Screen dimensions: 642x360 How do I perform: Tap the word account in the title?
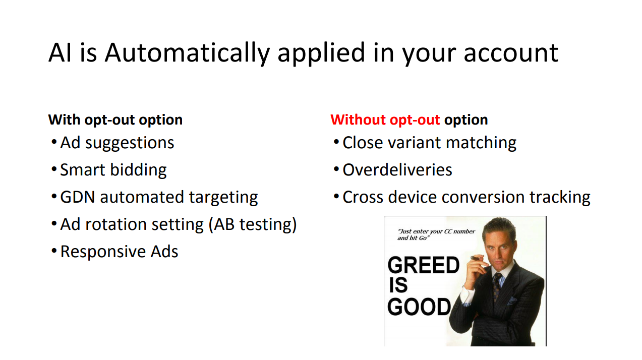point(511,53)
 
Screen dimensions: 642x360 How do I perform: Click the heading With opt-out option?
point(115,120)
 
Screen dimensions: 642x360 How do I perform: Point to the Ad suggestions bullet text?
point(117,143)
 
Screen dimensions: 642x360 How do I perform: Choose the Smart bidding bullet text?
point(113,170)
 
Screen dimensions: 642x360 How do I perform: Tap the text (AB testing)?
point(253,224)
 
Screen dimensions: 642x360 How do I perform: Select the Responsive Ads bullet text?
point(119,252)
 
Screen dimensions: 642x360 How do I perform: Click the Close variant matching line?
point(429,143)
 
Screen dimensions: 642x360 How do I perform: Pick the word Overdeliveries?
point(397,170)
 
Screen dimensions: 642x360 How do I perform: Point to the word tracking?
point(560,198)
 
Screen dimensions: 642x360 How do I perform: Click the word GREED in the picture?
point(423,265)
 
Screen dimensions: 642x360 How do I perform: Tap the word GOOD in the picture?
point(419,307)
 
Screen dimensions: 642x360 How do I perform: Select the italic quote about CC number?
point(436,235)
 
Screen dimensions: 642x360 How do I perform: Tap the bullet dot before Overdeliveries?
point(336,169)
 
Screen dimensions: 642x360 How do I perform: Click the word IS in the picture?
point(398,285)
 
